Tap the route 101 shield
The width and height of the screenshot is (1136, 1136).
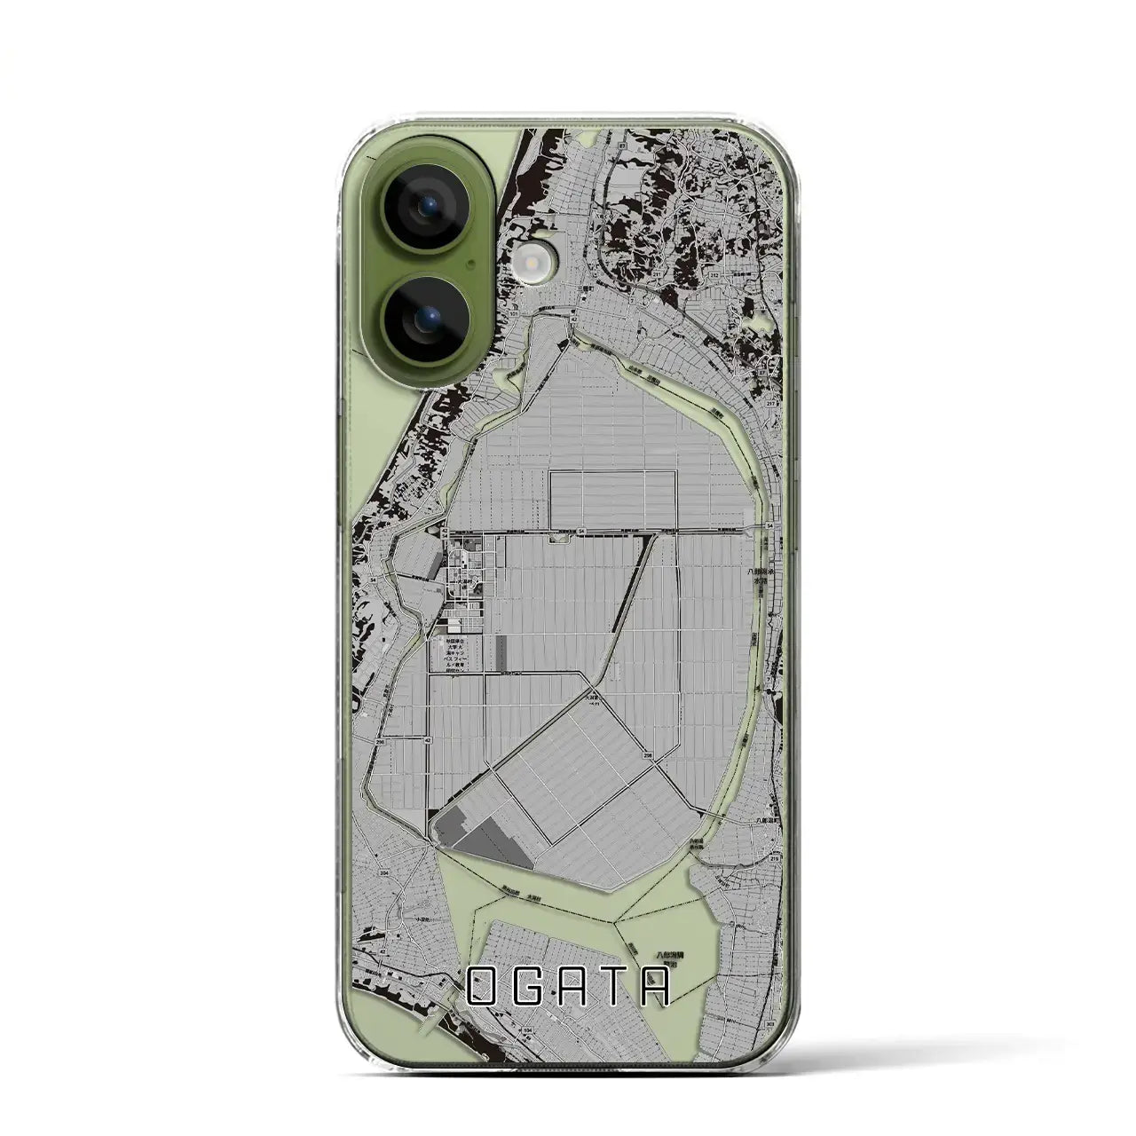[x=514, y=312]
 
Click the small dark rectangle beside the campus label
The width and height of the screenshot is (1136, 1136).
[x=503, y=652]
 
